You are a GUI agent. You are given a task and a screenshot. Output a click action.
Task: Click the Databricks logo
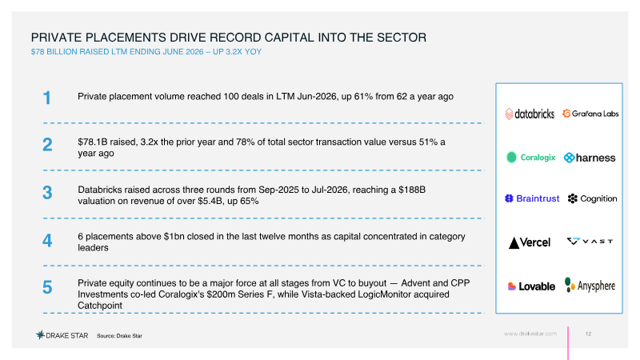pyautogui.click(x=530, y=114)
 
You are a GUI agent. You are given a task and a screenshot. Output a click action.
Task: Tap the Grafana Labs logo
pyautogui.click(x=590, y=114)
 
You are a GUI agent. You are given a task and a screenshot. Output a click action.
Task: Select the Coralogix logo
pyautogui.click(x=530, y=157)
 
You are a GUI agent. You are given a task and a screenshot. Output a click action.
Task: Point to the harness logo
pyautogui.click(x=590, y=158)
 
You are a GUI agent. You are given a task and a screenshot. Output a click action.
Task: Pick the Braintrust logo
pyautogui.click(x=532, y=198)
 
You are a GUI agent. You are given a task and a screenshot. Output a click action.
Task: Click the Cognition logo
pyautogui.click(x=592, y=198)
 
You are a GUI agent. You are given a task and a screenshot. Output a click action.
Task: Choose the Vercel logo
pyautogui.click(x=530, y=242)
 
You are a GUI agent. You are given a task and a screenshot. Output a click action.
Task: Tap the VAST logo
pyautogui.click(x=590, y=242)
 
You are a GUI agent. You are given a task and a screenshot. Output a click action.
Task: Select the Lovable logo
pyautogui.click(x=531, y=286)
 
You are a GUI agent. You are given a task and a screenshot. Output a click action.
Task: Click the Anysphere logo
pyautogui.click(x=590, y=286)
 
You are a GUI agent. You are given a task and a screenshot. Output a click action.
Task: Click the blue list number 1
pyautogui.click(x=47, y=98)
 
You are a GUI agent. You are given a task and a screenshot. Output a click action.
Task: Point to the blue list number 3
pyautogui.click(x=47, y=192)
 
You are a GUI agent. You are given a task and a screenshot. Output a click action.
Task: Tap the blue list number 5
pyautogui.click(x=47, y=287)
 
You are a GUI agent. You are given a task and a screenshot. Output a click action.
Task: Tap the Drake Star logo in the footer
pyautogui.click(x=62, y=335)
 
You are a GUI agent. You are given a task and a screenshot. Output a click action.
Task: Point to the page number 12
pyautogui.click(x=588, y=334)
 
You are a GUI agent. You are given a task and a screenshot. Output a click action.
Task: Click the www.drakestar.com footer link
pyautogui.click(x=530, y=334)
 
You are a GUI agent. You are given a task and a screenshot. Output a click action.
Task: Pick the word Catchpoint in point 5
pyautogui.click(x=100, y=306)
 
